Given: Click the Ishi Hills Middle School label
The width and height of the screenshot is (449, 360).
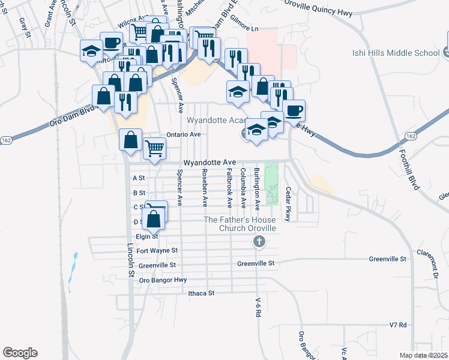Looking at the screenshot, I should point(396,53).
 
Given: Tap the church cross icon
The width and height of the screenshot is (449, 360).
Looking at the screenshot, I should point(259,242).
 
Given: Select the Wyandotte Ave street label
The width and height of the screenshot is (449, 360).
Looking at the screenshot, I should point(209,163).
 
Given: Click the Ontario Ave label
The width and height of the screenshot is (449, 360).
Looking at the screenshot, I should point(183,134).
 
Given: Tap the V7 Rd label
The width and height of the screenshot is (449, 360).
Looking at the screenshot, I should point(398,325).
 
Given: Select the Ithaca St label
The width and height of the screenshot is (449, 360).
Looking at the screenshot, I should point(201,293).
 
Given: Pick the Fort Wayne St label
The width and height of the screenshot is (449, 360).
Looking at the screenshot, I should point(157,250).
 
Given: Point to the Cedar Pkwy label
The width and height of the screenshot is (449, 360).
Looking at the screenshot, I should point(288,203).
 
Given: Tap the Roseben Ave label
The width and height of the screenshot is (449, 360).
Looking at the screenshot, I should point(205,188).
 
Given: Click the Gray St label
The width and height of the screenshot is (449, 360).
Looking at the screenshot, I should point(25,28).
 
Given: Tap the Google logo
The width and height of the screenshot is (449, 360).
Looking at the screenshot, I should point(20,353).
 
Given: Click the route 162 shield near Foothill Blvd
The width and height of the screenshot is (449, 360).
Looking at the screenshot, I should point(411,136).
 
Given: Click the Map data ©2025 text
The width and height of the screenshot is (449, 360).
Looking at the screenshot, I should point(423,355).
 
